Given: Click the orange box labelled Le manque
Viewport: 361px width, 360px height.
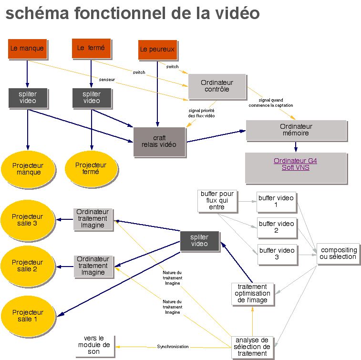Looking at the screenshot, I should (x=27, y=48).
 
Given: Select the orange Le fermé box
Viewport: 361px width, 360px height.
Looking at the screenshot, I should (x=91, y=48).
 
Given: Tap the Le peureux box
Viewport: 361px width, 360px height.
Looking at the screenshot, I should (x=157, y=49).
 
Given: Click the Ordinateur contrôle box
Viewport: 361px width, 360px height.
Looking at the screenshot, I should (x=217, y=86).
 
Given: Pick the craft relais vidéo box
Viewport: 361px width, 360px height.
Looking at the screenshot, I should (x=159, y=142).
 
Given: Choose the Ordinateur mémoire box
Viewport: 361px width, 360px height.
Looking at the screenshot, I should (x=296, y=130).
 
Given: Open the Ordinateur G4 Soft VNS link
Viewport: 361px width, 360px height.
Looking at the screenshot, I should (x=295, y=165).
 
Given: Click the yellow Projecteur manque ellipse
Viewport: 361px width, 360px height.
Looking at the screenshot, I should (x=28, y=169).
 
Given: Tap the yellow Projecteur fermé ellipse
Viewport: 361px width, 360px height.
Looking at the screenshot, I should (x=91, y=168).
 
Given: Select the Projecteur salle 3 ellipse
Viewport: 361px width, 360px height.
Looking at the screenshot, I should (x=27, y=220).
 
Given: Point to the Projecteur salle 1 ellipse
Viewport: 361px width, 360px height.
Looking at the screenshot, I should (x=27, y=316).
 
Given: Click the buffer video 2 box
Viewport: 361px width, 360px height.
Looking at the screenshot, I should (x=277, y=227).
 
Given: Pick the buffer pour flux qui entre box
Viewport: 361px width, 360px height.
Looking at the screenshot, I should (x=217, y=200).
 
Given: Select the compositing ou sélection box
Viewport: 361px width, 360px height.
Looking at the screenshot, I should (x=338, y=253).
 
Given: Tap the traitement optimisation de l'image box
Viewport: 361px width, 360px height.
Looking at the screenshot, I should (x=252, y=293).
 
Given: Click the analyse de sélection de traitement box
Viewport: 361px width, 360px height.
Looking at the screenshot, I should (x=252, y=347).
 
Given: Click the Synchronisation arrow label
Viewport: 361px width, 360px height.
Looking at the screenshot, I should (x=173, y=347).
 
